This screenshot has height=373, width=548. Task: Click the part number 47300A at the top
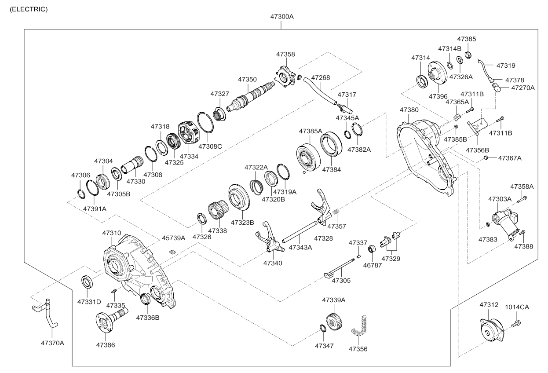pos(282,17)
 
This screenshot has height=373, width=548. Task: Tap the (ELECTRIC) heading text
pos(29,9)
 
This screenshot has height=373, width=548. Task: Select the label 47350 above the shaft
pos(247,80)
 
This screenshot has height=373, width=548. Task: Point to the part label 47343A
pos(300,248)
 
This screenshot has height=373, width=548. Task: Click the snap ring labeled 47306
pos(80,194)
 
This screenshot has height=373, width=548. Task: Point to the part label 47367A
pos(510,157)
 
